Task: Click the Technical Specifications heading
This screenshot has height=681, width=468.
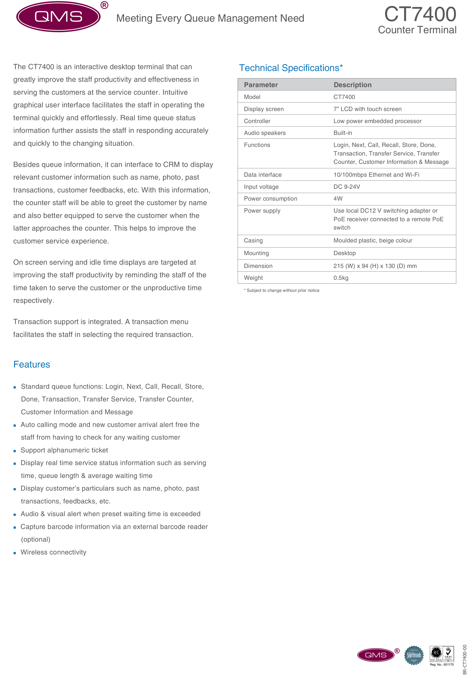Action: click(291, 68)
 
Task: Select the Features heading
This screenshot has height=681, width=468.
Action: click(32, 364)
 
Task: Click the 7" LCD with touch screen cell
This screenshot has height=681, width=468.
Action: click(367, 109)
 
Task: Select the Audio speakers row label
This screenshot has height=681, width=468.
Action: click(264, 133)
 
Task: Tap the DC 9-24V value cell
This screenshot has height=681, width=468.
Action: click(347, 187)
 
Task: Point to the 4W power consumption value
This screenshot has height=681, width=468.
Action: click(338, 199)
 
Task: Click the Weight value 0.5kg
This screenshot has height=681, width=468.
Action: click(341, 278)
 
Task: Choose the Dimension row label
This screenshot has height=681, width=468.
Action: click(258, 266)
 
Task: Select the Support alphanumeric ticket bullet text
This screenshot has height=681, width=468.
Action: click(64, 450)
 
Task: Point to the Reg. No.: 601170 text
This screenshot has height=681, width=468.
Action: click(442, 665)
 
